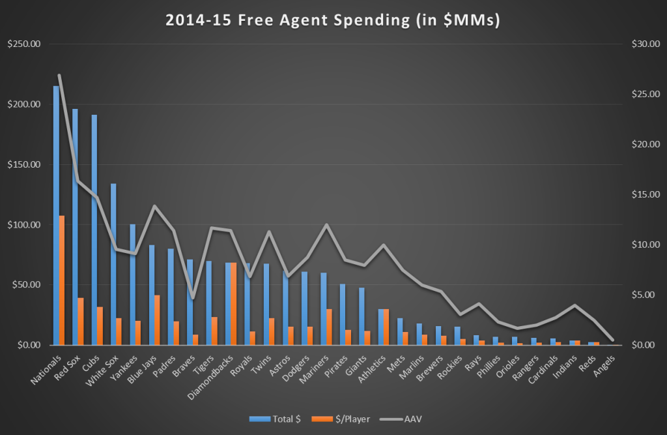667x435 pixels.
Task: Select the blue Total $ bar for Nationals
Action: [x=56, y=215]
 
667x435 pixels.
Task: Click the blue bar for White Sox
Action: [x=113, y=264]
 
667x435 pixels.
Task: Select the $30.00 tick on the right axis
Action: [x=644, y=44]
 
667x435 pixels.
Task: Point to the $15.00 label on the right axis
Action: [x=644, y=195]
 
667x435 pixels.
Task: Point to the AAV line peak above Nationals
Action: [x=59, y=76]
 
